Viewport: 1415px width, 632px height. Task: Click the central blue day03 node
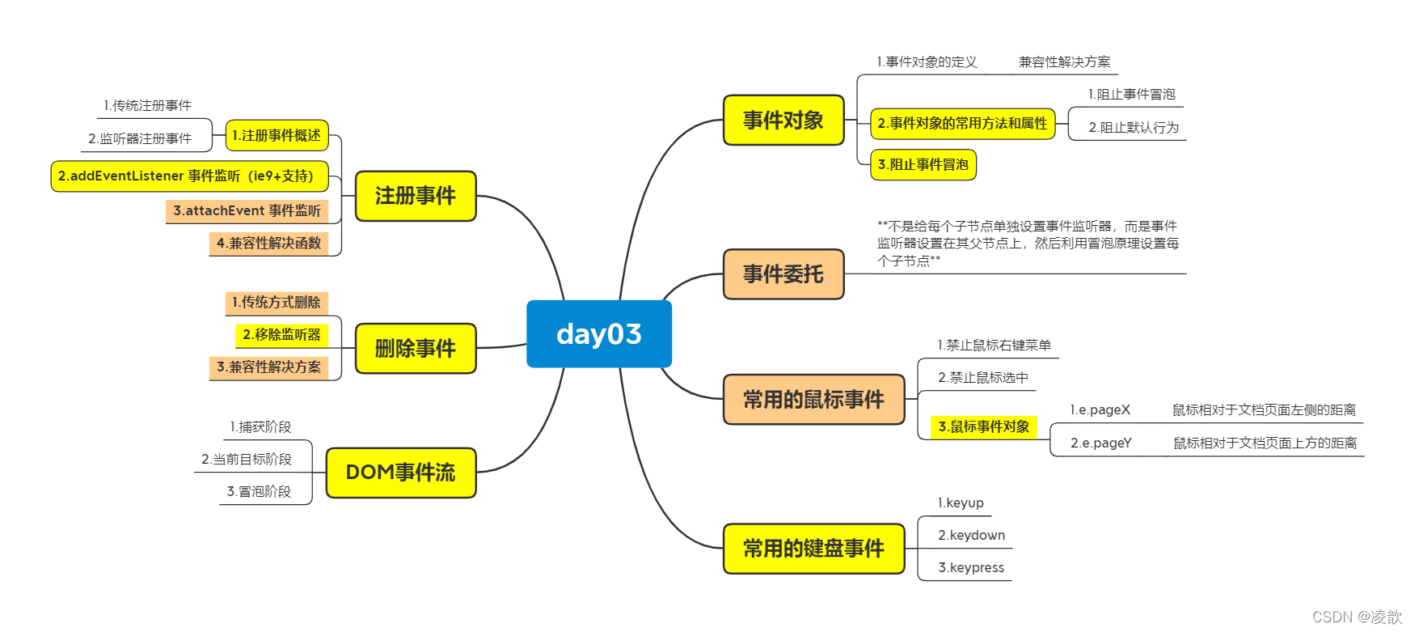pos(598,334)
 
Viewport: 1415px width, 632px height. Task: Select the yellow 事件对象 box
pos(783,121)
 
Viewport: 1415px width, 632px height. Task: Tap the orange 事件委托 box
pos(783,274)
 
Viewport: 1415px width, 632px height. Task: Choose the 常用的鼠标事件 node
pos(813,400)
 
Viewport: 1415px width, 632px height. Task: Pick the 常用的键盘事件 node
pos(813,549)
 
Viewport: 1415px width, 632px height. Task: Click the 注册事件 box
pos(416,196)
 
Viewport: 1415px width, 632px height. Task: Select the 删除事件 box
pos(416,349)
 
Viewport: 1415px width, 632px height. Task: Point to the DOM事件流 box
pos(401,473)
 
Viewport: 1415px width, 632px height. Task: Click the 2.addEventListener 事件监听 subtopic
pos(189,176)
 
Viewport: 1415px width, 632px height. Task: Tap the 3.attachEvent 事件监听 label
pos(247,211)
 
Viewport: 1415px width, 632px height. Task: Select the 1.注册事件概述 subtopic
pos(277,135)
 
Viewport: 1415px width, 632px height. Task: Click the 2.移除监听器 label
pos(281,334)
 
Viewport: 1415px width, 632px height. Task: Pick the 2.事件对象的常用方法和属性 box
pos(962,124)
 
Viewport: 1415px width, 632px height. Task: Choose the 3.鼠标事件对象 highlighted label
pos(983,426)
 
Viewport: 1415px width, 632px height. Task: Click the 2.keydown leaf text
pos(971,536)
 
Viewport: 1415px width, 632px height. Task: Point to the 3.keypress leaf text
pos(971,568)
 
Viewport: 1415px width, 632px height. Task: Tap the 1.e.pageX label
pos(1100,410)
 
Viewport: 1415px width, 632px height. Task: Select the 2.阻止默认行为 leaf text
pos(1134,128)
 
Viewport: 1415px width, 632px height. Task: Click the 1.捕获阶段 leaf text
pos(260,427)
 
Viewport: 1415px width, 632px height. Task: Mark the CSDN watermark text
pos(1357,617)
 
